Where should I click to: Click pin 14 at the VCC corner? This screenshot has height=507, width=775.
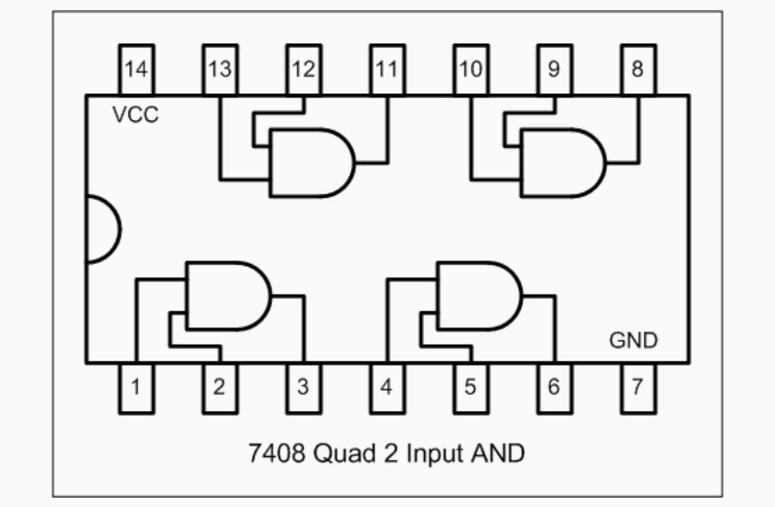click(x=136, y=70)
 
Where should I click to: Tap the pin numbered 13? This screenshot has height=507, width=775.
click(x=220, y=70)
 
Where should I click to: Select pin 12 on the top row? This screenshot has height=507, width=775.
click(x=304, y=70)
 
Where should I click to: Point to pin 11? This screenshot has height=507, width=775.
click(x=387, y=70)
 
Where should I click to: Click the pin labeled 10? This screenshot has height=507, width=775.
click(x=471, y=70)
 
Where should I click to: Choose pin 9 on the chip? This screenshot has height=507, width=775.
click(x=555, y=70)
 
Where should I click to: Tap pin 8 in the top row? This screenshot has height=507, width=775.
click(x=638, y=70)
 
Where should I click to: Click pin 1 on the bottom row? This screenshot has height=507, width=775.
click(x=136, y=387)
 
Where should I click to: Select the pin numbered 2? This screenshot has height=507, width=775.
click(x=220, y=387)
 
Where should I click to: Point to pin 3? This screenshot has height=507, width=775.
click(x=304, y=387)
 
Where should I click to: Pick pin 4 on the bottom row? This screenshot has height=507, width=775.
click(x=387, y=387)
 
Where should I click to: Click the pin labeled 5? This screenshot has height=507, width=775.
click(x=471, y=387)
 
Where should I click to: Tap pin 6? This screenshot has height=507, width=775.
click(x=555, y=387)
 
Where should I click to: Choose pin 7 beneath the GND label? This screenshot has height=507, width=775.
click(x=638, y=387)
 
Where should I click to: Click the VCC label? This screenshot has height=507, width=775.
click(x=136, y=114)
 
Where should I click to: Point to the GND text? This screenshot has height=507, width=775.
click(x=633, y=340)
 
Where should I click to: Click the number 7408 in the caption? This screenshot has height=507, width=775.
click(x=274, y=453)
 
